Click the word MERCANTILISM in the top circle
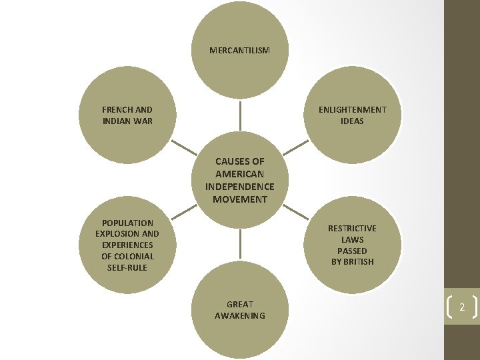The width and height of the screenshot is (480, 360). pyautogui.click(x=239, y=50)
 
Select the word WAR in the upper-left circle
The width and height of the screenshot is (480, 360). pyautogui.click(x=143, y=121)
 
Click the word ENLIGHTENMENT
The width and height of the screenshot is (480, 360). pyautogui.click(x=352, y=109)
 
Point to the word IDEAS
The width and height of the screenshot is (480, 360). pyautogui.click(x=352, y=121)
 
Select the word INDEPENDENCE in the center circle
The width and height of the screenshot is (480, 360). pyautogui.click(x=239, y=187)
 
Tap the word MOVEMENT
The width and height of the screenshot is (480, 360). pyautogui.click(x=239, y=199)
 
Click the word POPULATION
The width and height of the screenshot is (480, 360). pyautogui.click(x=127, y=223)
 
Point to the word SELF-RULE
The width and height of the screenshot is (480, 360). pyautogui.click(x=127, y=267)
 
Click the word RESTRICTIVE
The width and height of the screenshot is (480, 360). pyautogui.click(x=352, y=228)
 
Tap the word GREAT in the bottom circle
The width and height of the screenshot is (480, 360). pyautogui.click(x=239, y=304)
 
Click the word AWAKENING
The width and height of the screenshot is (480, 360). pyautogui.click(x=239, y=315)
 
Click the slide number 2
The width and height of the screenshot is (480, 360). pyautogui.click(x=461, y=307)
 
